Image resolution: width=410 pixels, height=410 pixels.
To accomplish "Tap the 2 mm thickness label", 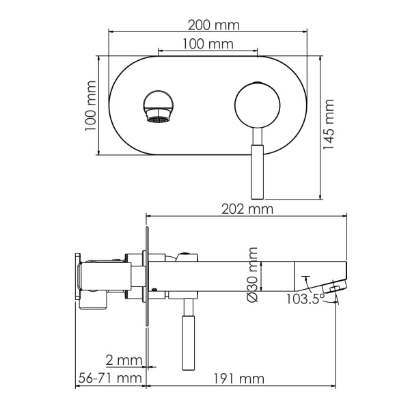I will (x=124, y=360).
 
